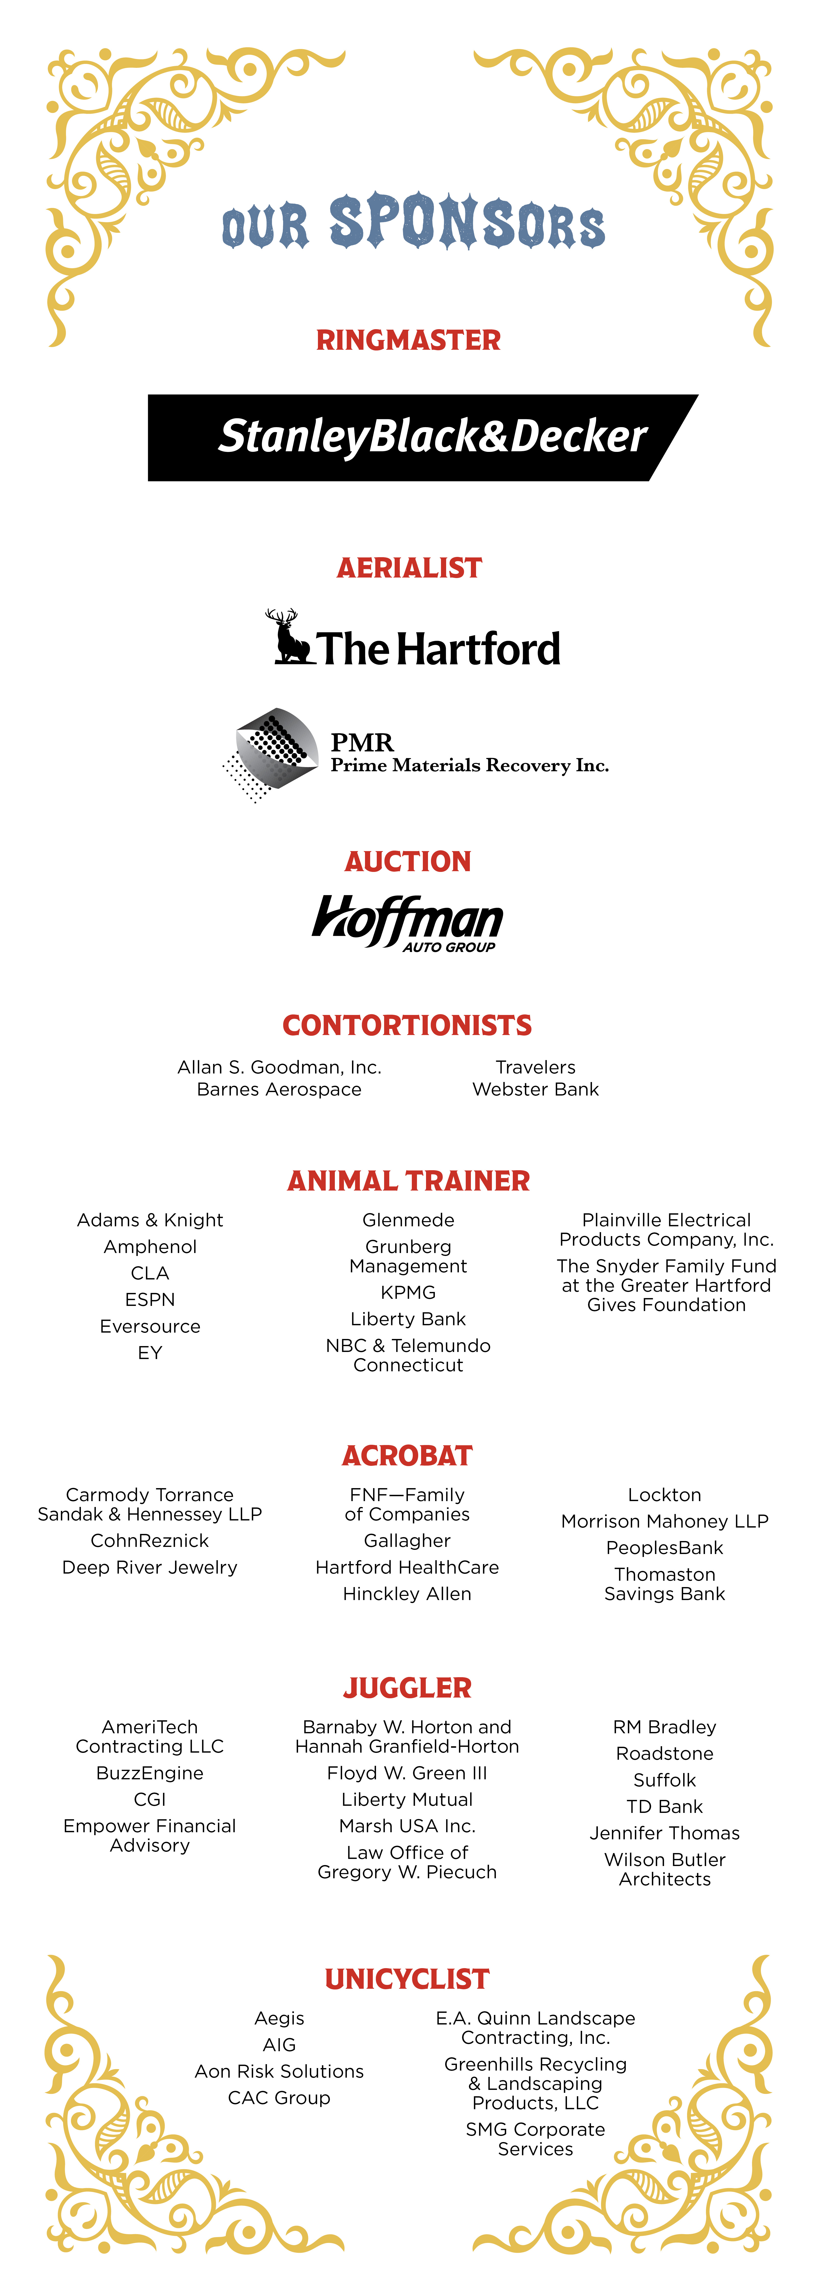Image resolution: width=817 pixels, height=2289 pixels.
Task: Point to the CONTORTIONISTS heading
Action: (x=407, y=1025)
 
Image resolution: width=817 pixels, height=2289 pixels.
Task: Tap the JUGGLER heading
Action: (x=407, y=1687)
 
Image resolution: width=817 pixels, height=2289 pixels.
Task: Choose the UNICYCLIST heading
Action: (x=407, y=1979)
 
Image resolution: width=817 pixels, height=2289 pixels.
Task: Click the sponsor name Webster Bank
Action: (x=535, y=1089)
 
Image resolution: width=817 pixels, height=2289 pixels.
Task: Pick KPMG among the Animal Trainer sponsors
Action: (x=408, y=1292)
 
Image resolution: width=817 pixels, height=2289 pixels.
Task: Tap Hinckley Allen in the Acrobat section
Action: (x=407, y=1594)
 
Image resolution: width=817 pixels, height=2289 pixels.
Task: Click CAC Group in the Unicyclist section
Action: (x=279, y=2098)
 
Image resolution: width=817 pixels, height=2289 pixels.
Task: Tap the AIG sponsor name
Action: (x=279, y=2045)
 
